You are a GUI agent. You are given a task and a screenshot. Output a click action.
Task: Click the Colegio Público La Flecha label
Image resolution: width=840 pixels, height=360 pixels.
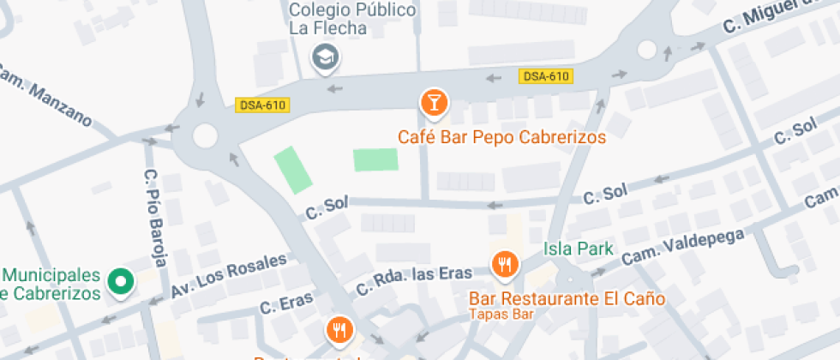coord(353,19)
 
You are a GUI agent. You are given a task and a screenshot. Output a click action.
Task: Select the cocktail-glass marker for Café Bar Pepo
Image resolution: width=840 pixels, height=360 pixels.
coord(435,103)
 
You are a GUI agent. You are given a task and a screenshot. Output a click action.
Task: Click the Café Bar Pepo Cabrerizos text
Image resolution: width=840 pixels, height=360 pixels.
coord(501,137)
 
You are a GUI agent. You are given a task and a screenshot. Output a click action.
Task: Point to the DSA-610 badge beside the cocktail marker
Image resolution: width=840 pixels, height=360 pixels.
coord(545,76)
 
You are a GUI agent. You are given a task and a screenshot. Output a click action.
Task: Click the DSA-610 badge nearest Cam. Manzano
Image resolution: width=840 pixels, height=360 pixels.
coord(263,105)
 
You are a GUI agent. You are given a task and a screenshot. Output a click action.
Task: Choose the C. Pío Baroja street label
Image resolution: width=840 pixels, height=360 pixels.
coord(156,218)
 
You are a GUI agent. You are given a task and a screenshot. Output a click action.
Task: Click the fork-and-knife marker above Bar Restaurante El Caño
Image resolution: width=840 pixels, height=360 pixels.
coord(503,265)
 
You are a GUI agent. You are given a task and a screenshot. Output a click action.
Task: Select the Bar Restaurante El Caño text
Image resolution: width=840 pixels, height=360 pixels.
coord(567,299)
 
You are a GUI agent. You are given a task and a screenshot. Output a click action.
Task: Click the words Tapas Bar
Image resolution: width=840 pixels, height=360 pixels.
coord(501,314)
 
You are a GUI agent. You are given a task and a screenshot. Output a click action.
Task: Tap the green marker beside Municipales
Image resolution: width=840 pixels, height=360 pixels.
coord(122,282)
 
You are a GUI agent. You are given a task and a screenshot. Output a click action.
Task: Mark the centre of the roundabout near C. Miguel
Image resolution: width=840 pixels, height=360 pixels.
coord(648,51)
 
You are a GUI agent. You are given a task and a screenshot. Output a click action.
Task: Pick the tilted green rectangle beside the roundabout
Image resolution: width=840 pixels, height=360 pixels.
coord(293,170)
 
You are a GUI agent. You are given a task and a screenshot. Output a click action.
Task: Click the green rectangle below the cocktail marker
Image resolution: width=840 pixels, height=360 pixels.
coord(376,159)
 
